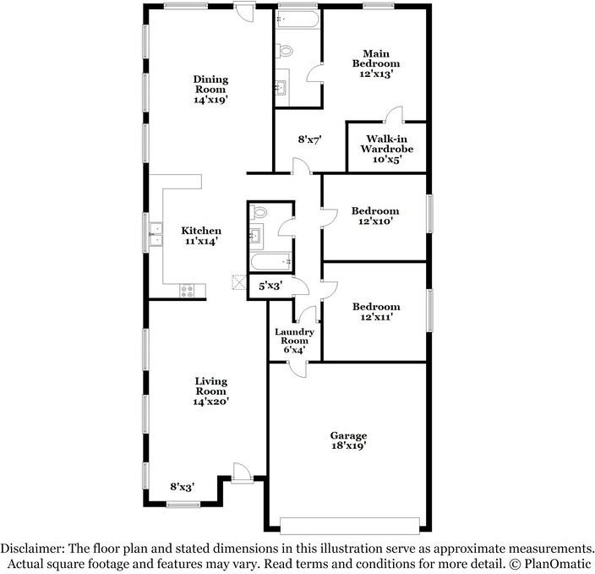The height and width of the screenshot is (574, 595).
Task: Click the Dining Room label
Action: point(211,89)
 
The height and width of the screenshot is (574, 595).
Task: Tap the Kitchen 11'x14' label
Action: point(201,236)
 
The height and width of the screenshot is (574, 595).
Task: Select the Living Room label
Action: point(210,391)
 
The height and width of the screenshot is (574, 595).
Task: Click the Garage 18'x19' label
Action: point(348,440)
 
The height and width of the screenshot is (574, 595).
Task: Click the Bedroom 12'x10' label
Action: point(376,216)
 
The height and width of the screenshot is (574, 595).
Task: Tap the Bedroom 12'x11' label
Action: point(376,312)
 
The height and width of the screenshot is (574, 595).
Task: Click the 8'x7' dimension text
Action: point(310,139)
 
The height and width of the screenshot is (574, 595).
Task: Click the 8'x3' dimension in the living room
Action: point(183,487)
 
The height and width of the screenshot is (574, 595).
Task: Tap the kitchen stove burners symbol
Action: point(188,292)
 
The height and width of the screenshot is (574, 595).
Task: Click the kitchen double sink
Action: point(156,235)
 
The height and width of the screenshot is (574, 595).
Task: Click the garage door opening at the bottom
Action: point(348,524)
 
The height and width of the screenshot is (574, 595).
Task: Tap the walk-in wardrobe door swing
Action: point(393,116)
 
